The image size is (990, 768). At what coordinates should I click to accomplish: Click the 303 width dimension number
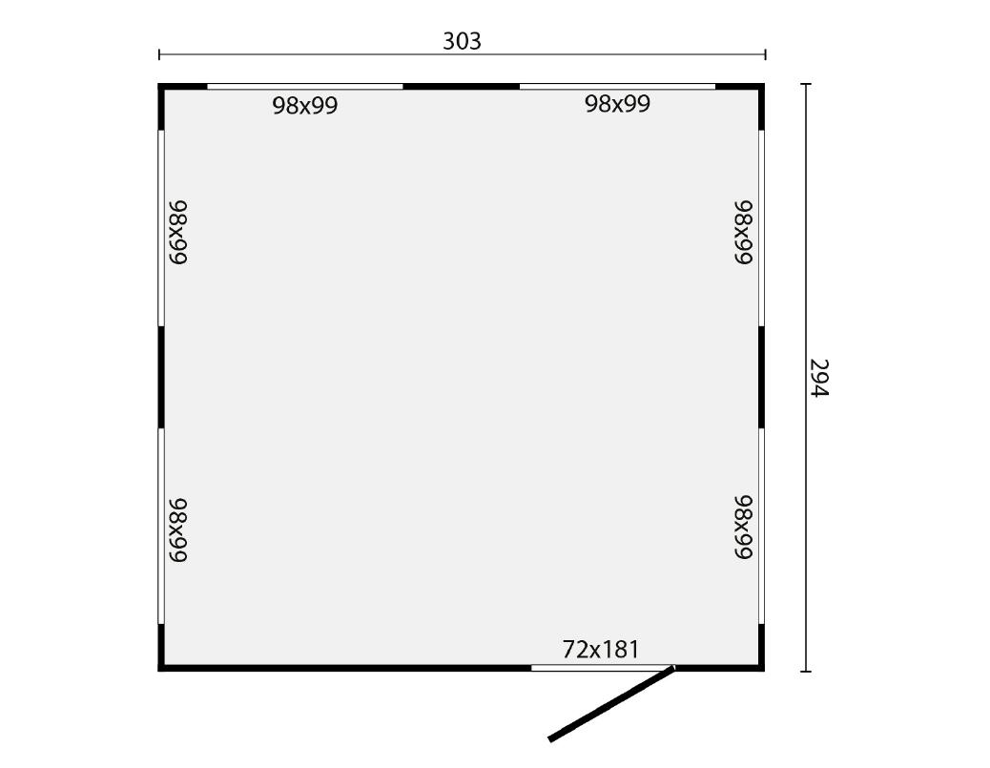click(462, 41)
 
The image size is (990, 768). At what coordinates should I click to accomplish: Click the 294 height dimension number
click(819, 378)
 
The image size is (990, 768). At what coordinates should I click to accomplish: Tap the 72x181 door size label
click(601, 650)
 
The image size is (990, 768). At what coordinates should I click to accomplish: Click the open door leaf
click(611, 702)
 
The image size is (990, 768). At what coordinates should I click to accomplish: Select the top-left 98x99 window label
click(305, 105)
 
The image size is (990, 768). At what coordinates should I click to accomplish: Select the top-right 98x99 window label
click(617, 104)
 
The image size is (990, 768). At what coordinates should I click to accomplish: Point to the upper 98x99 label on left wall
click(178, 233)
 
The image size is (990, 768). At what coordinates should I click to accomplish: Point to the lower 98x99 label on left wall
click(178, 529)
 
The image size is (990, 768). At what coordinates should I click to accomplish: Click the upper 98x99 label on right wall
click(744, 233)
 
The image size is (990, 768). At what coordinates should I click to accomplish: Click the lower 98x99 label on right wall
click(744, 527)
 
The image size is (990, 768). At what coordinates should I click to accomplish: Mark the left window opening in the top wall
click(305, 87)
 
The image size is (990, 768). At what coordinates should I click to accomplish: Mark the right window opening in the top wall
click(617, 87)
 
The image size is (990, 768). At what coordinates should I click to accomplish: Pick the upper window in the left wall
click(161, 228)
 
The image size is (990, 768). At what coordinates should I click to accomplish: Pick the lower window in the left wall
click(161, 527)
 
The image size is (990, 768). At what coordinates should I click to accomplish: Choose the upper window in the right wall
click(761, 228)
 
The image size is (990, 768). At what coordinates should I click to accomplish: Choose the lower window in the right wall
click(761, 527)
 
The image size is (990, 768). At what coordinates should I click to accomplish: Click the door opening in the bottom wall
click(603, 668)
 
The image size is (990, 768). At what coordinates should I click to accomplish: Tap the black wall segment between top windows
click(461, 87)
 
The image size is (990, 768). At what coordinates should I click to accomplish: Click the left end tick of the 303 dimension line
click(159, 55)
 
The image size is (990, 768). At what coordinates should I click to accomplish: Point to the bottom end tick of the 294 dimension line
click(806, 671)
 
